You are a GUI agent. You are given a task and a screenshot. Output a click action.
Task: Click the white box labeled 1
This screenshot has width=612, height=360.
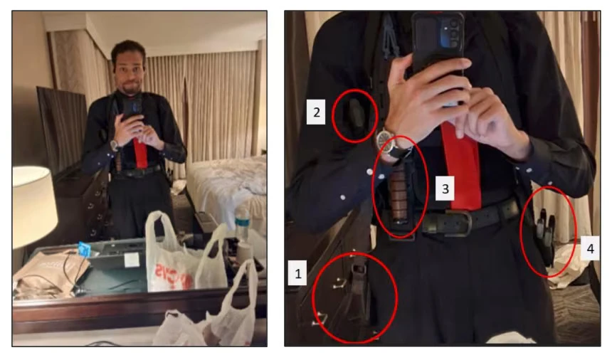pyautogui.click(x=297, y=273)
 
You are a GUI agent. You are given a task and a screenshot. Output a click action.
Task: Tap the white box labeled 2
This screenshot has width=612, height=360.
pyautogui.click(x=316, y=112)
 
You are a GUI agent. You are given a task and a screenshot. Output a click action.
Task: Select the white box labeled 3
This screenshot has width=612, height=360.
pyautogui.click(x=445, y=189)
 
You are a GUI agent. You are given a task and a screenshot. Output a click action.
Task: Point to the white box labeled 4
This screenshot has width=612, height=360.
pyautogui.click(x=590, y=248)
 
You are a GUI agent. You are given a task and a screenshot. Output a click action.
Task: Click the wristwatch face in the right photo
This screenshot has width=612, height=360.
pyautogui.click(x=384, y=140)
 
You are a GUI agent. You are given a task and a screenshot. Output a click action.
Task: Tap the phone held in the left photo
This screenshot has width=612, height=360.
pyautogui.click(x=132, y=108)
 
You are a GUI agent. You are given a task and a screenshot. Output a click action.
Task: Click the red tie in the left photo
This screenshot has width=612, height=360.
pyautogui.click(x=139, y=152)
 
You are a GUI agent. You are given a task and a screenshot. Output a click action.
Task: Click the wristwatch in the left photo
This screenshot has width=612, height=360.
pyautogui.click(x=115, y=145)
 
